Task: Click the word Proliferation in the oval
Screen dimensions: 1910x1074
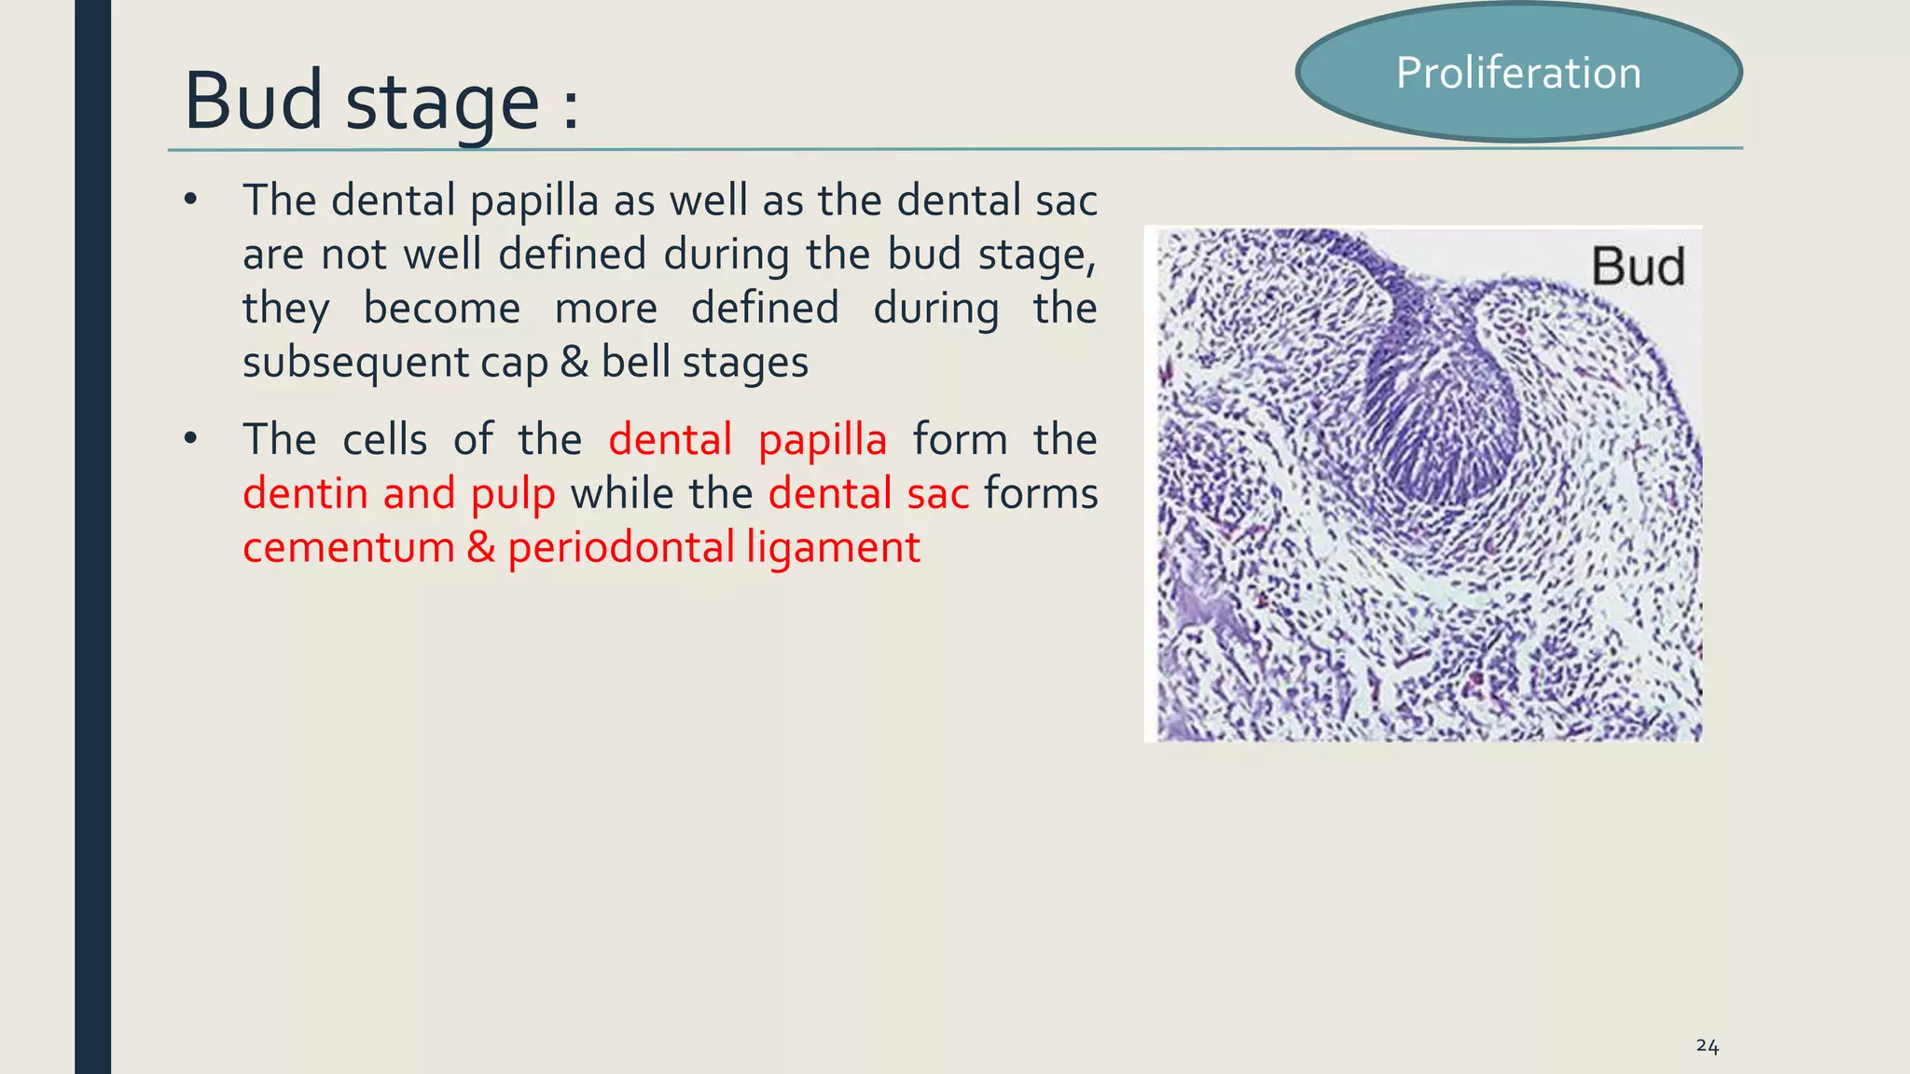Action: pos(1518,73)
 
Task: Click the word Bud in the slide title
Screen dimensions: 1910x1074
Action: pos(254,100)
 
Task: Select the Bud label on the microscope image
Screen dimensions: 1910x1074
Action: pos(1638,267)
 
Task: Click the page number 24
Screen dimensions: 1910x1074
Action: pos(1708,1046)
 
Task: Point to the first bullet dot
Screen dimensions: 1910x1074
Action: pos(191,200)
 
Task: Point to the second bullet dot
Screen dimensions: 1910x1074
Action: pos(191,438)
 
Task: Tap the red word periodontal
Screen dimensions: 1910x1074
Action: pos(622,548)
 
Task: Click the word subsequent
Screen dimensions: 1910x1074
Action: pos(355,364)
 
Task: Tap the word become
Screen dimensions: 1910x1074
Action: pos(442,308)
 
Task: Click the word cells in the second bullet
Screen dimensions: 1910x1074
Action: pos(385,439)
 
